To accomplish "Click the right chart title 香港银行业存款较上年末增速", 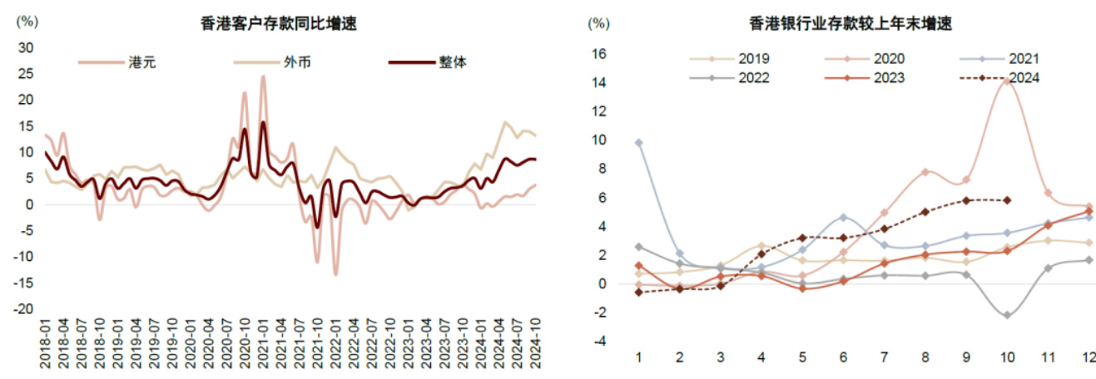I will point(850,24).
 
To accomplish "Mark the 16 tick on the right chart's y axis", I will point(599,54).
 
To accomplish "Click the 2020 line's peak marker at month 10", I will point(1007,81).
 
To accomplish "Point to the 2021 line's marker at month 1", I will point(638,142).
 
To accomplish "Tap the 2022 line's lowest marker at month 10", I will point(1007,315).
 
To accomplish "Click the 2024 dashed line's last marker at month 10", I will point(1007,199).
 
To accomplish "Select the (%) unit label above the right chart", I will point(598,23).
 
